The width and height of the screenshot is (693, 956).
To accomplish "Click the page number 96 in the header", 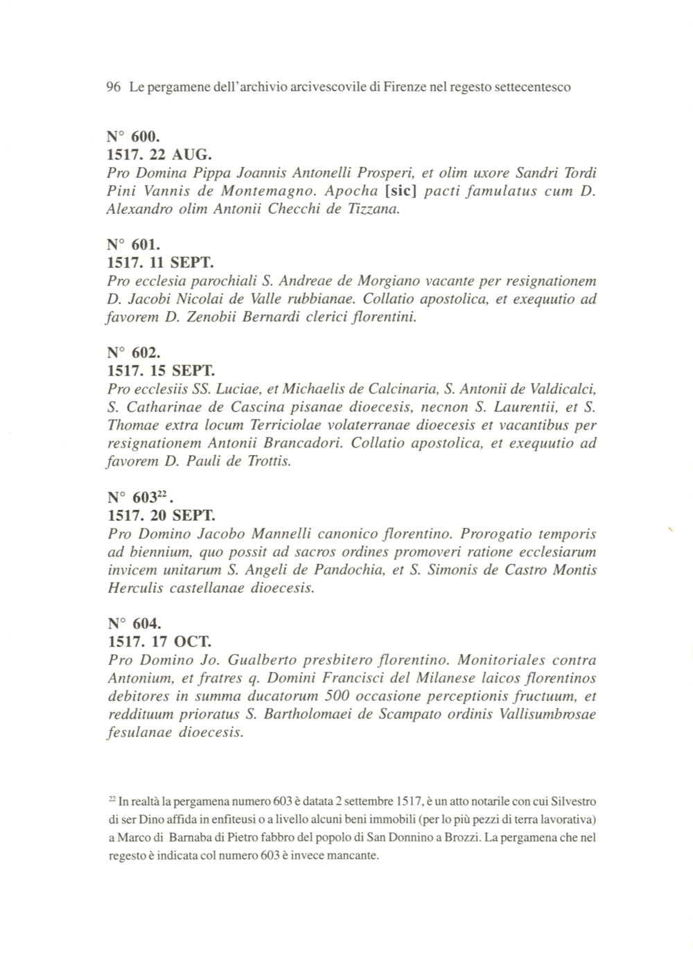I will pyautogui.click(x=114, y=87).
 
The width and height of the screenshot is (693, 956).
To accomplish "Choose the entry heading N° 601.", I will pyautogui.click(x=134, y=245).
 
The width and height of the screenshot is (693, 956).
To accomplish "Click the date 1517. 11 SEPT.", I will pyautogui.click(x=160, y=263).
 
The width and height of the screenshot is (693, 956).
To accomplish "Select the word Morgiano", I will pyautogui.click(x=388, y=282).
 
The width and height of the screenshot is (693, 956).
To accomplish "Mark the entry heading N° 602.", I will pyautogui.click(x=134, y=353).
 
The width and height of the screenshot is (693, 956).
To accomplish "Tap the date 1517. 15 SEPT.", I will pyautogui.click(x=160, y=371).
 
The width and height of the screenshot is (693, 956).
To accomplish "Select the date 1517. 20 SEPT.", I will pyautogui.click(x=160, y=516).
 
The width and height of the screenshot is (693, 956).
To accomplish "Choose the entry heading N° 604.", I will pyautogui.click(x=134, y=624).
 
